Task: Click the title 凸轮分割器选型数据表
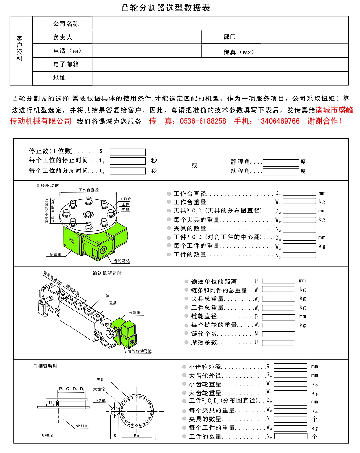[165, 8]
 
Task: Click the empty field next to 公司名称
[220, 23]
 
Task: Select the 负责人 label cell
[62, 37]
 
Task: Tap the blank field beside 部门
[304, 37]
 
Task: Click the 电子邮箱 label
[62, 64]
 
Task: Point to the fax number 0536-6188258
[203, 121]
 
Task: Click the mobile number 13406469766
[278, 121]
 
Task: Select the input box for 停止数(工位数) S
[128, 152]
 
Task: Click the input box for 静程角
[281, 163]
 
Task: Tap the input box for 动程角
[281, 171]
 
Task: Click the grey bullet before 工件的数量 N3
[169, 255]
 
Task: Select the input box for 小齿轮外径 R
[290, 367]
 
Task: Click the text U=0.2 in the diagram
[47, 436]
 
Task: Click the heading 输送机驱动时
[107, 273]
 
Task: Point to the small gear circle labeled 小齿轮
[115, 411]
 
